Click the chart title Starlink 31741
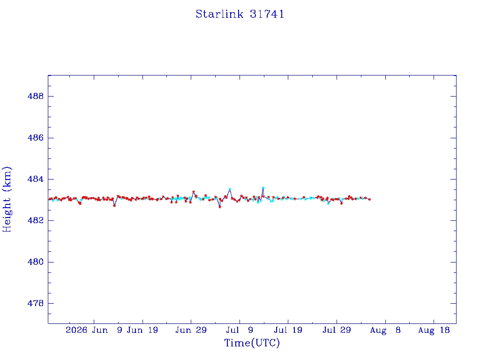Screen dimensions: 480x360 point(240,14)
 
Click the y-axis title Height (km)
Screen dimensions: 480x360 point(7,199)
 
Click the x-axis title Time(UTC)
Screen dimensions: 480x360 point(252,343)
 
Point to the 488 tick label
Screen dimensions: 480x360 point(36,96)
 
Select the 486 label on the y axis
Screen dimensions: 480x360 point(36,138)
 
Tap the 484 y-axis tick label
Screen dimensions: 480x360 point(36,179)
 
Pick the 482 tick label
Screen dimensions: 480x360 point(36,220)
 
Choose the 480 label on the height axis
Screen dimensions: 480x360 point(36,262)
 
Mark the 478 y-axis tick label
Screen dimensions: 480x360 point(36,303)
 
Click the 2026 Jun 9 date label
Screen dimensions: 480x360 point(94,330)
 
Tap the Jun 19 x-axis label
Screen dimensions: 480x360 point(142,330)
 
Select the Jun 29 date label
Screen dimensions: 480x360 point(191,330)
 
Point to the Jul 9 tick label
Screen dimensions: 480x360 point(240,330)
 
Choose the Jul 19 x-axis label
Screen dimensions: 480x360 point(288,330)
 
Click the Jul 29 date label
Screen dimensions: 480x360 point(337,330)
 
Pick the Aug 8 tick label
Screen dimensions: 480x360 point(385,330)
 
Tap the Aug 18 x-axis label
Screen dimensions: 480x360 point(434,330)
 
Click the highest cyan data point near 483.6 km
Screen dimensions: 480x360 point(263,187)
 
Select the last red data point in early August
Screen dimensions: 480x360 point(370,199)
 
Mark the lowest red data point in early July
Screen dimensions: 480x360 point(220,207)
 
